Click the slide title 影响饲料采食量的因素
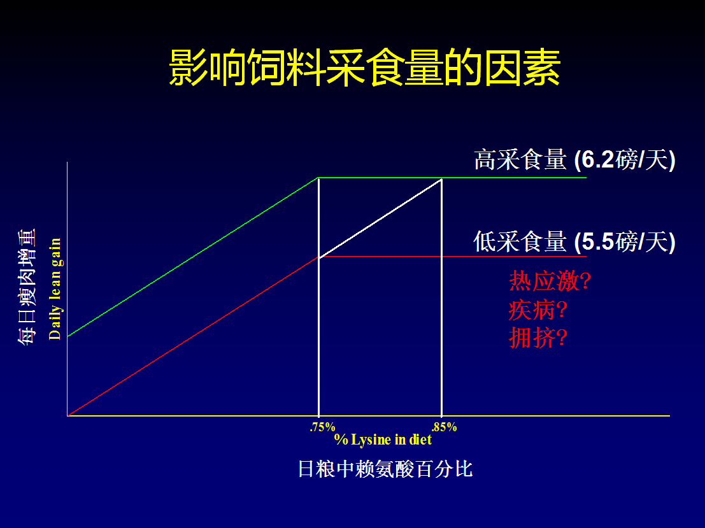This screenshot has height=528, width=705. tap(365, 68)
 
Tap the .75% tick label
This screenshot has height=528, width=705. tap(322, 427)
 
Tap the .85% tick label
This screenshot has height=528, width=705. tap(444, 427)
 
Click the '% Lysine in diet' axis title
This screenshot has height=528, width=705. tap(383, 439)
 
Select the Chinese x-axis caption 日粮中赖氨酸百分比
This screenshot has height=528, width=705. tap(385, 469)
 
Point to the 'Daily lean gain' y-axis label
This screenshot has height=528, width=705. tap(55, 289)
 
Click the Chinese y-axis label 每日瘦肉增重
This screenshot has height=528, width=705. tap(27, 287)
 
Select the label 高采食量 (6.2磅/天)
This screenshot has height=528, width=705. tap(574, 160)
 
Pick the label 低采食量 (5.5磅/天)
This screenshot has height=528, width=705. tap(574, 241)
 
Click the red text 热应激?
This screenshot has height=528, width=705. tap(550, 281)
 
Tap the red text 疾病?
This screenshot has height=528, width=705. tap(538, 310)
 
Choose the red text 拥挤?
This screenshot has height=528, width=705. tap(538, 338)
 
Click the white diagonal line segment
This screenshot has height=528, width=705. tap(380, 218)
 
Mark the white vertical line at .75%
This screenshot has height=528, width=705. tap(319, 297)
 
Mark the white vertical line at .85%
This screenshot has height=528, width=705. tap(441, 297)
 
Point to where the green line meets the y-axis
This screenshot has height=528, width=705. tap(68, 336)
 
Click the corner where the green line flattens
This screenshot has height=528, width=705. tap(319, 178)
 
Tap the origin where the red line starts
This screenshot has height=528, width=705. tap(68, 415)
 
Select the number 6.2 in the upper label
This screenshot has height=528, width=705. tap(597, 160)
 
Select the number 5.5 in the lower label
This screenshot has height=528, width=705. tap(597, 241)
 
